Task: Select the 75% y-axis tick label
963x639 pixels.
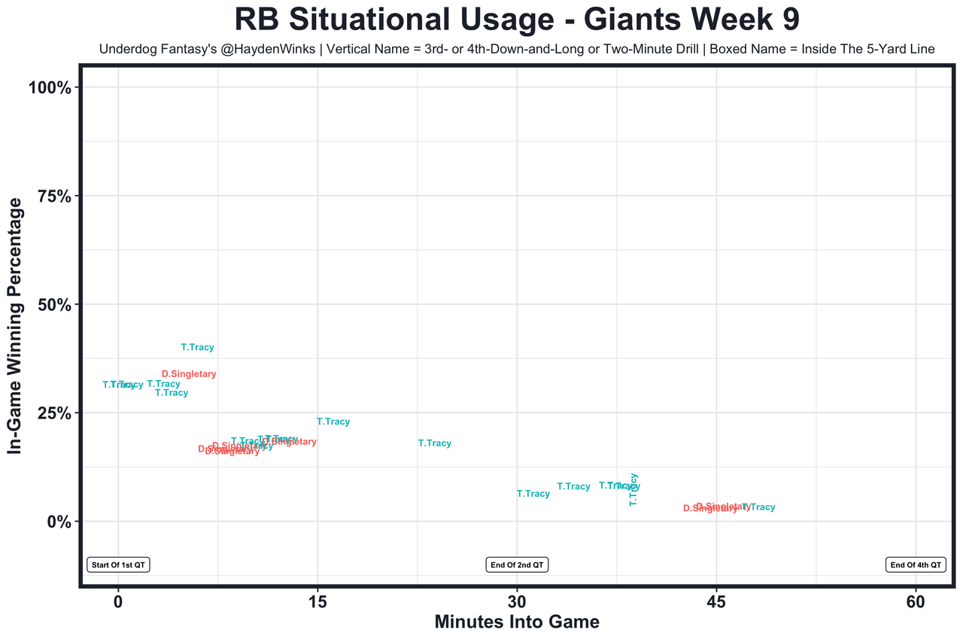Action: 53,196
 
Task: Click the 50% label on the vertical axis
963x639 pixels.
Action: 53,304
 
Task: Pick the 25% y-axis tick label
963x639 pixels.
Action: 53,413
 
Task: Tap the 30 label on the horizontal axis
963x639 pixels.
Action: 517,603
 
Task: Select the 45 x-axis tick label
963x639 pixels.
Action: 716,603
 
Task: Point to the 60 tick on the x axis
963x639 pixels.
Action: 916,603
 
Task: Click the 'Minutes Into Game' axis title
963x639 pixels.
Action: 517,622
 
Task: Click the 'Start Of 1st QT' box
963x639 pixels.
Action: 118,564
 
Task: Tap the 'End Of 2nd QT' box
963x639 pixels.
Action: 517,564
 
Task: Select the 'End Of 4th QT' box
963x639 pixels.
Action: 916,564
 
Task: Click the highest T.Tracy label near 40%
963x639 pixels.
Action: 198,348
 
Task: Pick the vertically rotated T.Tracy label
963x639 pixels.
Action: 633,489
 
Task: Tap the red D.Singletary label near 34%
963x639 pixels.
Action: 189,374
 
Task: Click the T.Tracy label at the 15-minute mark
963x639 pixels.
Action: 333,422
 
